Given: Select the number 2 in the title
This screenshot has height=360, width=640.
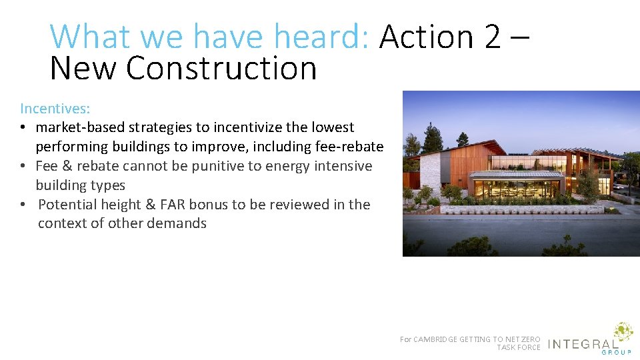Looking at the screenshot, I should click(x=493, y=37).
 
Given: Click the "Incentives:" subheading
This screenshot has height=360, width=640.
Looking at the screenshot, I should click(x=54, y=108).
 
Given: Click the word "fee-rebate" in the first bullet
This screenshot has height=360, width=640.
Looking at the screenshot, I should click(x=349, y=147).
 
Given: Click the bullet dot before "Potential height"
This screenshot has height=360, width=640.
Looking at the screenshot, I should click(x=23, y=205).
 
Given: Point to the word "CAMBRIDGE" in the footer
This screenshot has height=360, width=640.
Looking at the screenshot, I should click(x=443, y=339).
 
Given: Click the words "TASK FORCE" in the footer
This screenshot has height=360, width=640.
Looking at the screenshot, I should click(x=519, y=347).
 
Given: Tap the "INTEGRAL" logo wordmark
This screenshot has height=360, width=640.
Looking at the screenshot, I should click(x=582, y=345).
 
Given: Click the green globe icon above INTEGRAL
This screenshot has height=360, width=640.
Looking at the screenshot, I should click(x=623, y=332).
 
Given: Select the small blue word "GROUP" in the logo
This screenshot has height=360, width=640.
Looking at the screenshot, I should click(x=618, y=353).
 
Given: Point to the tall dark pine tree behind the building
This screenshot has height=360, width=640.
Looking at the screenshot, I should click(x=433, y=137).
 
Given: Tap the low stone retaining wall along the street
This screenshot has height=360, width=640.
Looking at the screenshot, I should click(x=520, y=209).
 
